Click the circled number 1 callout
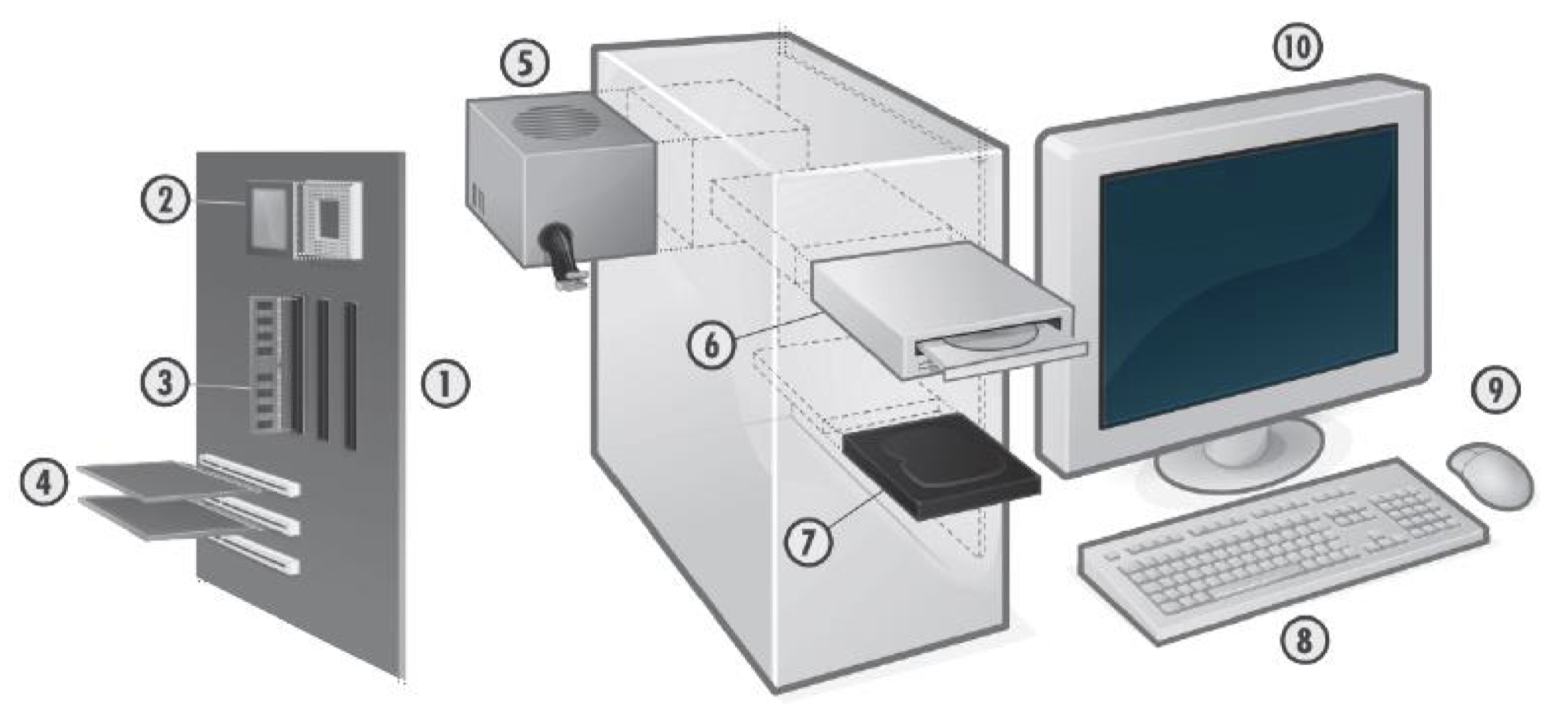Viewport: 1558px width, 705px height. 445,384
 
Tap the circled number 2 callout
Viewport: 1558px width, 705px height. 163,201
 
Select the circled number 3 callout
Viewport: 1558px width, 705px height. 164,383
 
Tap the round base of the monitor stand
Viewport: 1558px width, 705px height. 1238,464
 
